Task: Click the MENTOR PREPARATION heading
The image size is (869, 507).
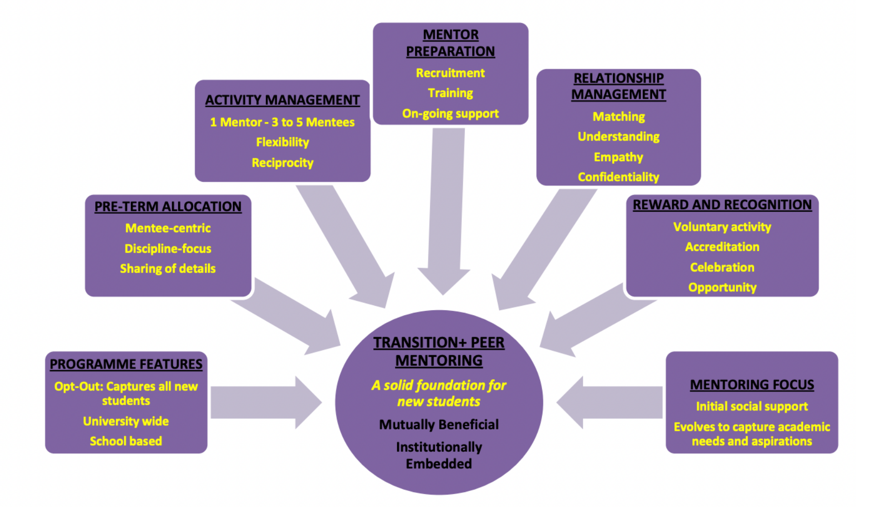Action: (x=450, y=43)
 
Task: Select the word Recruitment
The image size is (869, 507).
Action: (x=450, y=73)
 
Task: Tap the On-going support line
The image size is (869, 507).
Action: (x=450, y=114)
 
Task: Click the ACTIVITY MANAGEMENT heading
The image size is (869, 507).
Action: (x=282, y=100)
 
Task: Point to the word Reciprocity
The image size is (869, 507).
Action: (x=282, y=163)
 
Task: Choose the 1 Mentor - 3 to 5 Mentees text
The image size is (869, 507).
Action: (x=282, y=122)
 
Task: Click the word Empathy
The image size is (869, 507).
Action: (x=618, y=157)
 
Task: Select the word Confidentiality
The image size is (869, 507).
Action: (x=618, y=177)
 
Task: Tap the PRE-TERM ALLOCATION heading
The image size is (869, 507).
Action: (x=168, y=206)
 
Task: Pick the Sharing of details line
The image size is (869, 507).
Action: (x=168, y=269)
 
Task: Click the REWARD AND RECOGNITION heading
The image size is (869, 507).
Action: (x=722, y=205)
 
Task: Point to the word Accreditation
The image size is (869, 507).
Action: (x=722, y=247)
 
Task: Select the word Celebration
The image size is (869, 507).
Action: (x=722, y=267)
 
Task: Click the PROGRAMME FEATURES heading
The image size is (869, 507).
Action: (x=126, y=364)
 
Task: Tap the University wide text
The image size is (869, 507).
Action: (x=126, y=421)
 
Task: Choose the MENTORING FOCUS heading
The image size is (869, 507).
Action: (x=752, y=385)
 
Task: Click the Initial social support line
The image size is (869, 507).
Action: (x=752, y=406)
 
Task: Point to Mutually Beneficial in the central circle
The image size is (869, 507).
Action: (x=438, y=424)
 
